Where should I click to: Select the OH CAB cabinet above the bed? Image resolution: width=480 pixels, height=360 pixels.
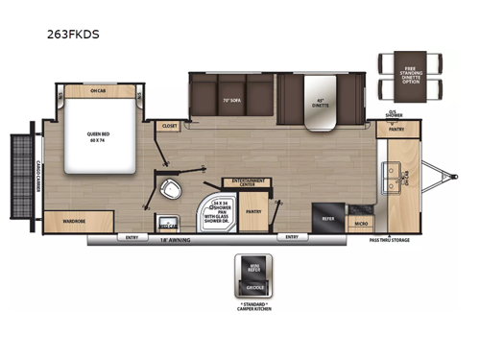click(98, 92)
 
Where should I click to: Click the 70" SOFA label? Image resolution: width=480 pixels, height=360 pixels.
click(231, 100)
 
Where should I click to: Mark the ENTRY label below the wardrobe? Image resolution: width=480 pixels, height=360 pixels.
click(131, 236)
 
